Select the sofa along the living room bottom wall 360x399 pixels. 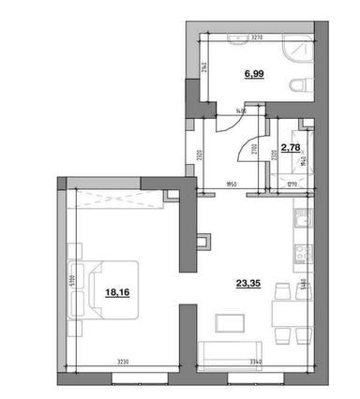(232, 356)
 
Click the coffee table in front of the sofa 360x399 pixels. (231, 322)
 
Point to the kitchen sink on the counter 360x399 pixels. (301, 222)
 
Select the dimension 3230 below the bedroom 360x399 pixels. (127, 362)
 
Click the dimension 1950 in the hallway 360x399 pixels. (230, 186)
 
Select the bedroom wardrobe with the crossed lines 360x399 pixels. (112, 197)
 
